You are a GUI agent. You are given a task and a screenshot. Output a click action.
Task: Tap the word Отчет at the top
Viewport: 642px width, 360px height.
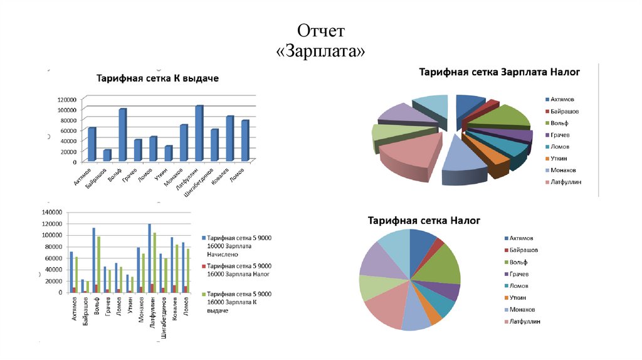click(320, 31)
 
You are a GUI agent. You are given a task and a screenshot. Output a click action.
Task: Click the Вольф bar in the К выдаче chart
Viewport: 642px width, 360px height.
click(122, 135)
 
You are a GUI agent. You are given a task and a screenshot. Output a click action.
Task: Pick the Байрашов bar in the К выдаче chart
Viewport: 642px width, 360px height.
click(107, 155)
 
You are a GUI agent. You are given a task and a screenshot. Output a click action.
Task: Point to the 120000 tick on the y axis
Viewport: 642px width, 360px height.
click(65, 99)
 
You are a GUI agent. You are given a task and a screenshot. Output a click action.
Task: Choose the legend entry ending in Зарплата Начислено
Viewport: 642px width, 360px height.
click(239, 246)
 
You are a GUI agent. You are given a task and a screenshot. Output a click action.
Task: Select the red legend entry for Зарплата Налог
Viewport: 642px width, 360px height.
click(239, 270)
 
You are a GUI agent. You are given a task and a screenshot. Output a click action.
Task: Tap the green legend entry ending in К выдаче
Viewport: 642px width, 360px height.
click(239, 302)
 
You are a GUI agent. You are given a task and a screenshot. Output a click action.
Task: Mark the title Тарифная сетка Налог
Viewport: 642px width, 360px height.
click(423, 221)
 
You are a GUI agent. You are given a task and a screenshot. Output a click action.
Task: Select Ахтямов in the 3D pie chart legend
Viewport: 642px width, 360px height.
click(563, 100)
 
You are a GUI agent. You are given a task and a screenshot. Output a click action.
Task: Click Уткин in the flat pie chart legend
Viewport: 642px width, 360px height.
click(522, 298)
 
